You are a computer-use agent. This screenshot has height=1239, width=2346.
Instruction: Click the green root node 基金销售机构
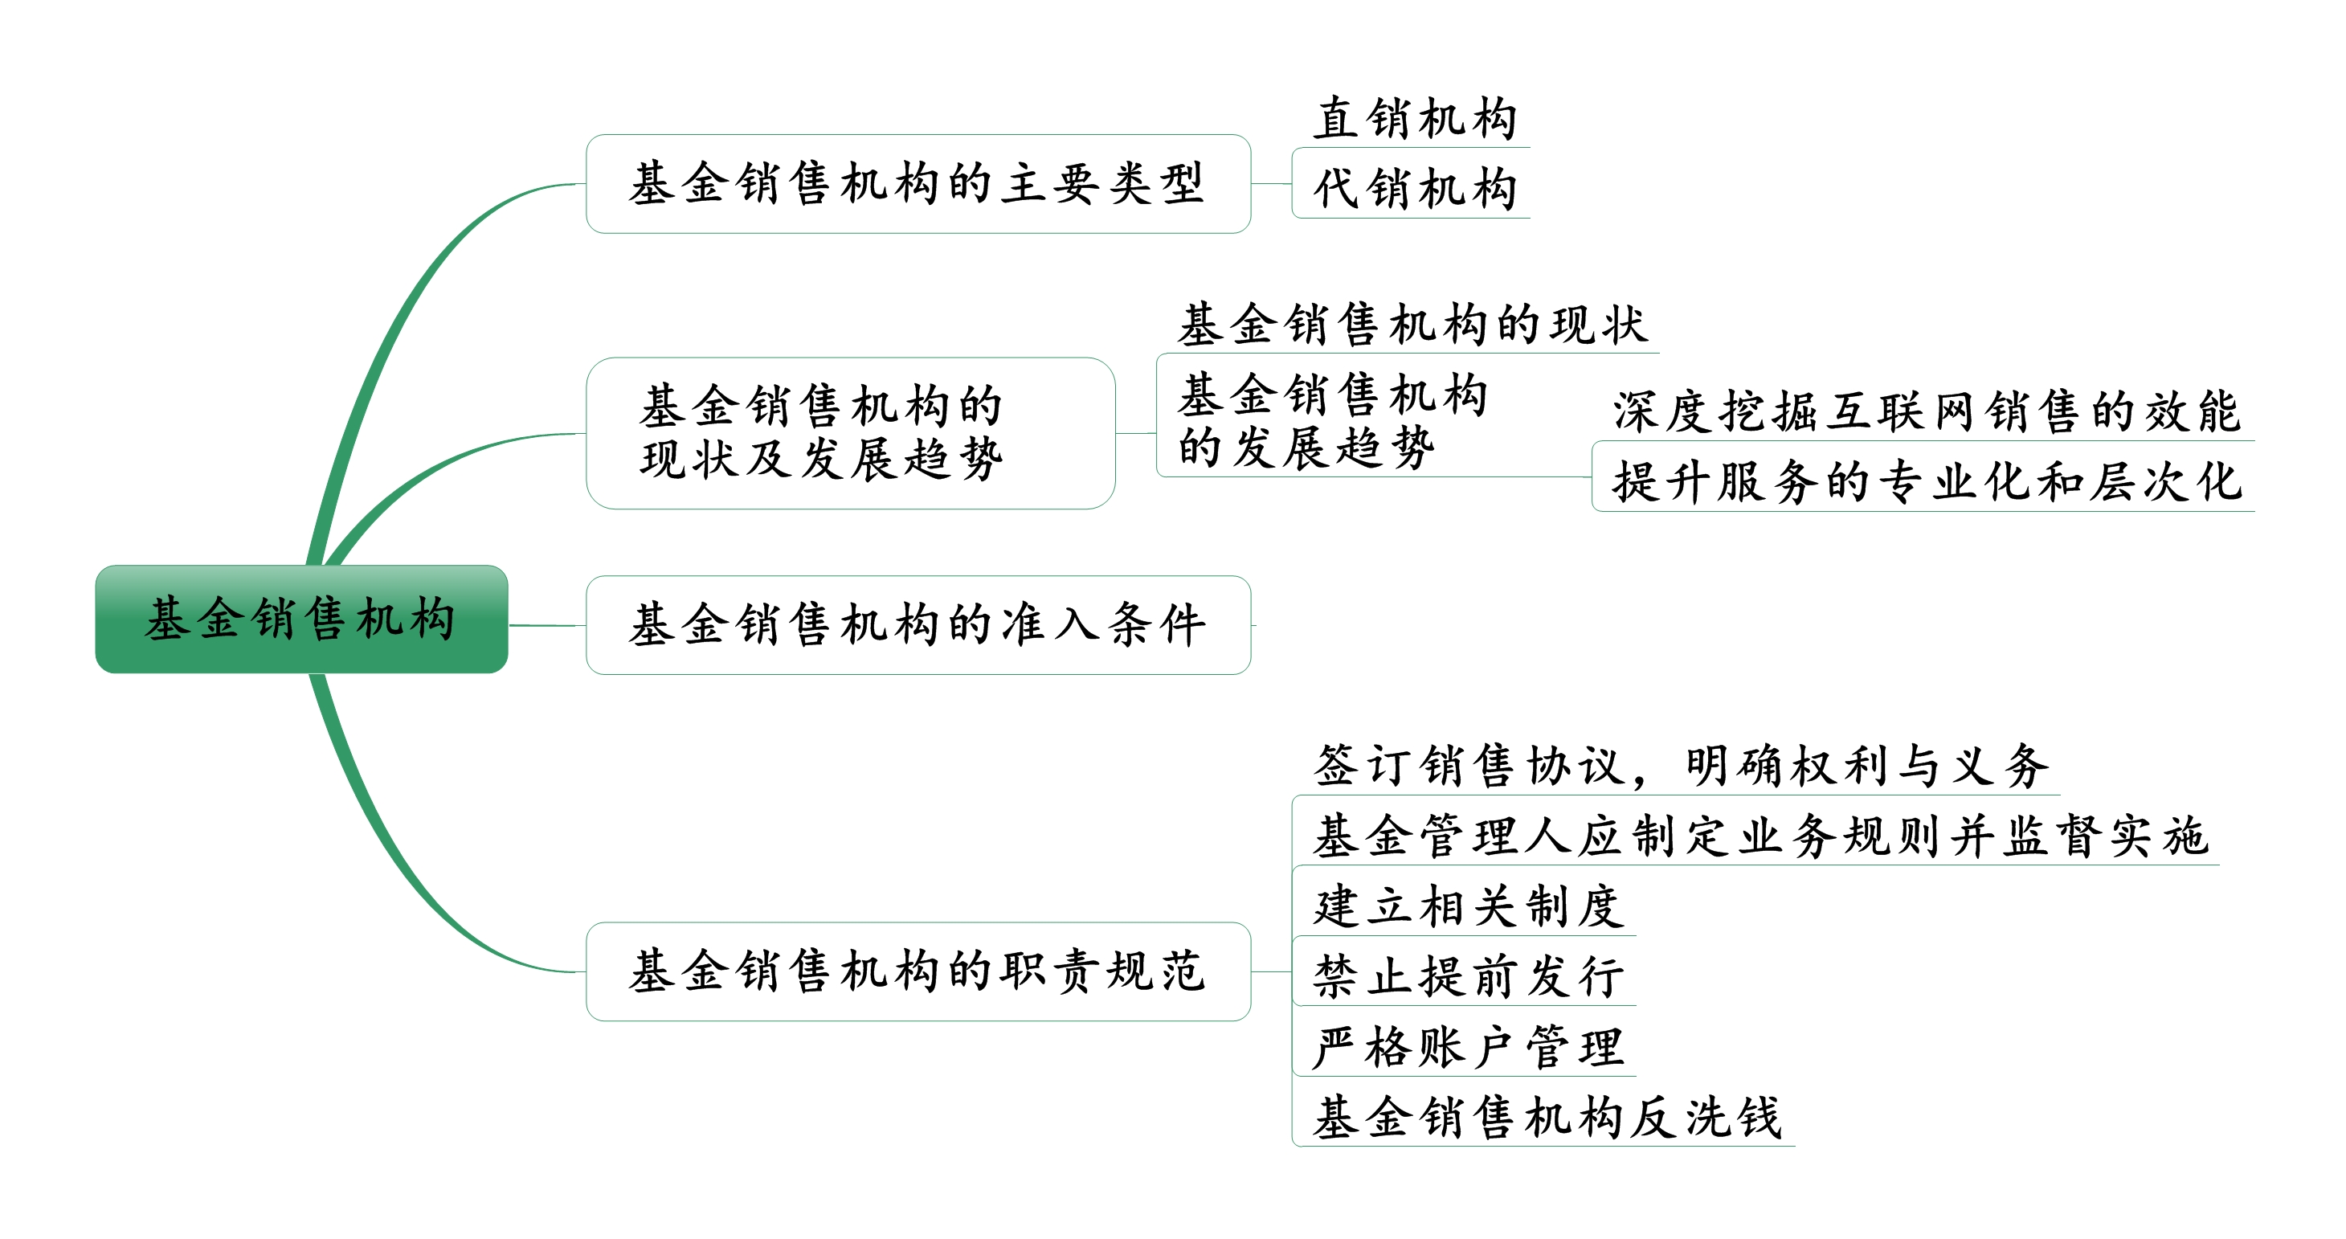coord(300,619)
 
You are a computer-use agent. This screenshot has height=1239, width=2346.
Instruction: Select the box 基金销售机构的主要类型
coord(918,184)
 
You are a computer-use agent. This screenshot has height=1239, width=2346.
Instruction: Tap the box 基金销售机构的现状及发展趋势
coord(850,433)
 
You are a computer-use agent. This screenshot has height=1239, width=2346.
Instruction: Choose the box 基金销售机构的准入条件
coord(918,625)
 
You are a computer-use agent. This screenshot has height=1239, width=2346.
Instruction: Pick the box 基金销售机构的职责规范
coord(918,971)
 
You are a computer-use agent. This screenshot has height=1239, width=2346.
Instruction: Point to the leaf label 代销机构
coord(1414,190)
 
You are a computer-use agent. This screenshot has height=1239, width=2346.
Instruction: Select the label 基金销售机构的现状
coord(1412,325)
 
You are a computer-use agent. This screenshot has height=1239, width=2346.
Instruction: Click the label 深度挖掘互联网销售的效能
coord(1925,411)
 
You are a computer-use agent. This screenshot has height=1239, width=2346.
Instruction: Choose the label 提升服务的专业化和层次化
coord(1925,482)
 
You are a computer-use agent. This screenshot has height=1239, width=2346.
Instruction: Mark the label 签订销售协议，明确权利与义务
coord(1680,765)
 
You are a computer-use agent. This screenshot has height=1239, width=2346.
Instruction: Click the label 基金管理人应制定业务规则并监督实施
coord(1759,836)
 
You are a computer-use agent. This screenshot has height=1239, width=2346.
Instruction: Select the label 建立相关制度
coord(1467,906)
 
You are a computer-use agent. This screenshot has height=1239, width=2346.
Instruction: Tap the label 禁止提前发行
coord(1467,976)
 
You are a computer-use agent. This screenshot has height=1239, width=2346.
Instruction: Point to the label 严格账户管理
coord(1467,1047)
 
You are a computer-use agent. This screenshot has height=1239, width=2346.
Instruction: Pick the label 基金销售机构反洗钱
coord(1547,1118)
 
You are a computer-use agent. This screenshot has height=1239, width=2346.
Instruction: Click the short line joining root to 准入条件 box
coord(546,625)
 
